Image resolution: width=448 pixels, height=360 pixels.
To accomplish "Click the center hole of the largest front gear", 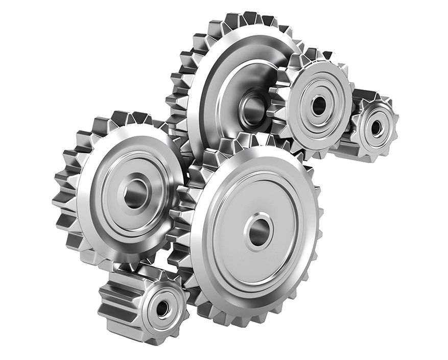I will [258, 231].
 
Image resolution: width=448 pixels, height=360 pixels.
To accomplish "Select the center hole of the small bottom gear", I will [162, 308].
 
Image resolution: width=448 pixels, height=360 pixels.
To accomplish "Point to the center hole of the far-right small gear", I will [376, 128].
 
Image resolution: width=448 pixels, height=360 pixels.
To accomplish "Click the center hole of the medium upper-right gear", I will [319, 105].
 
